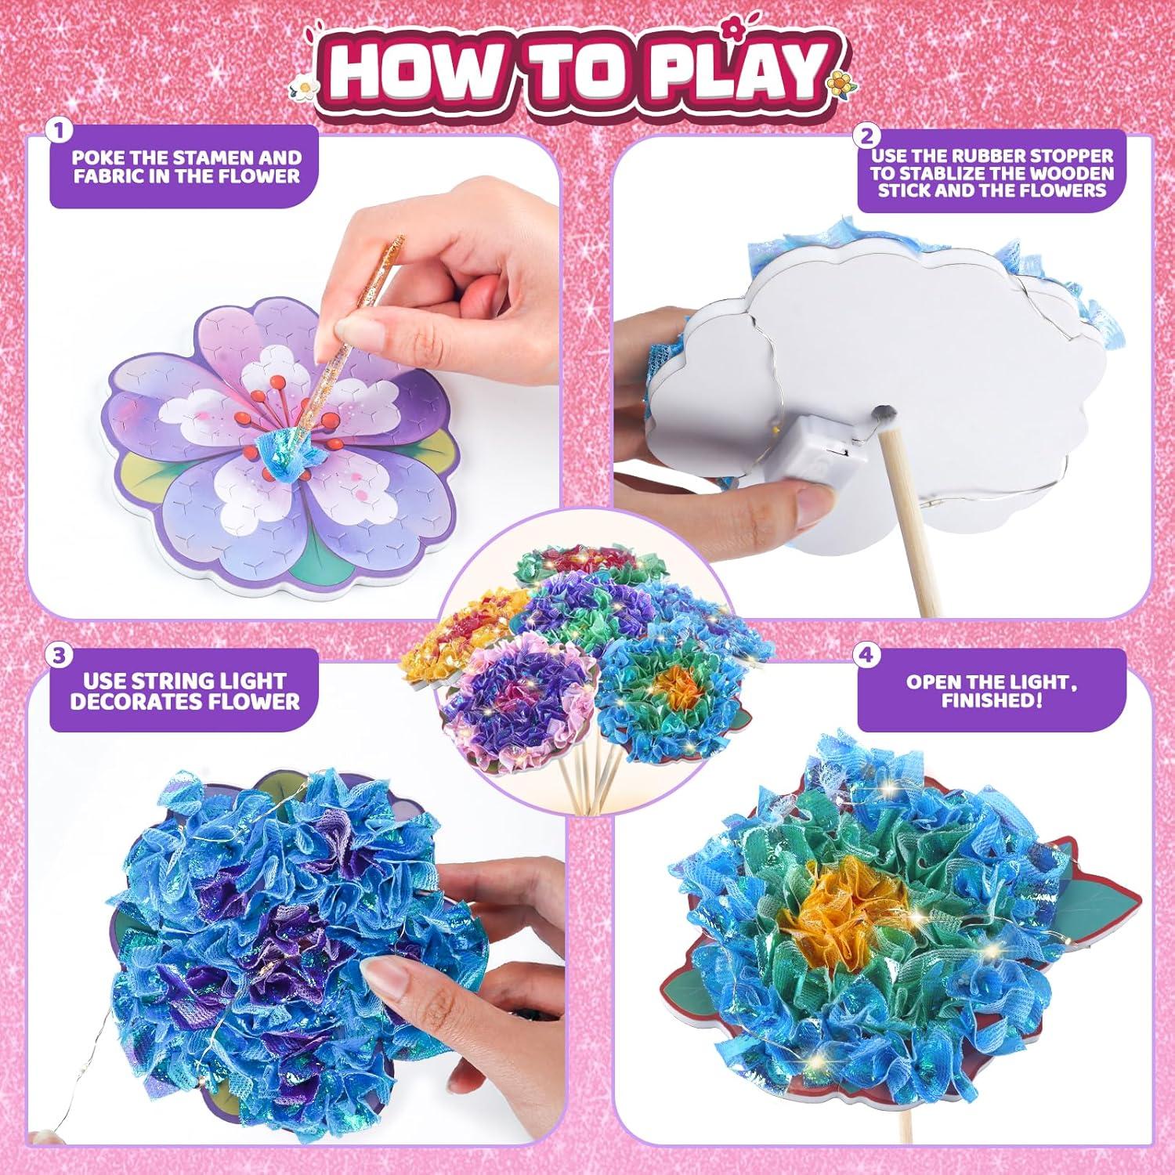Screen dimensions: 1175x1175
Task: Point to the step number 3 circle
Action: pos(55,653)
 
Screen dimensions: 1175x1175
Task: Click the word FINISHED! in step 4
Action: pos(992,700)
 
